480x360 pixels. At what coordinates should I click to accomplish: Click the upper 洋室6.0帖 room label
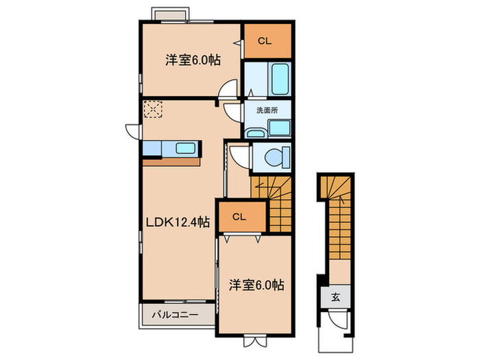pos(192,60)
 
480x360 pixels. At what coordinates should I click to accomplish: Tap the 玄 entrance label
pos(336,298)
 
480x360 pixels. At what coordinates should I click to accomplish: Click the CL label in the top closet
pos(265,42)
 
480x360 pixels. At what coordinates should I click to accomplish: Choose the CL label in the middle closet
pos(239,217)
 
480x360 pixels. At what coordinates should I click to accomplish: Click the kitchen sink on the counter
pos(185,149)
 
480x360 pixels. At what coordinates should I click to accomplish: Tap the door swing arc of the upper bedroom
pos(229,90)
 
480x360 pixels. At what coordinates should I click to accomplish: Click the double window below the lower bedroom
pos(252,337)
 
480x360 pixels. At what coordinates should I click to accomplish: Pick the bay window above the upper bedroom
pos(171,15)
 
